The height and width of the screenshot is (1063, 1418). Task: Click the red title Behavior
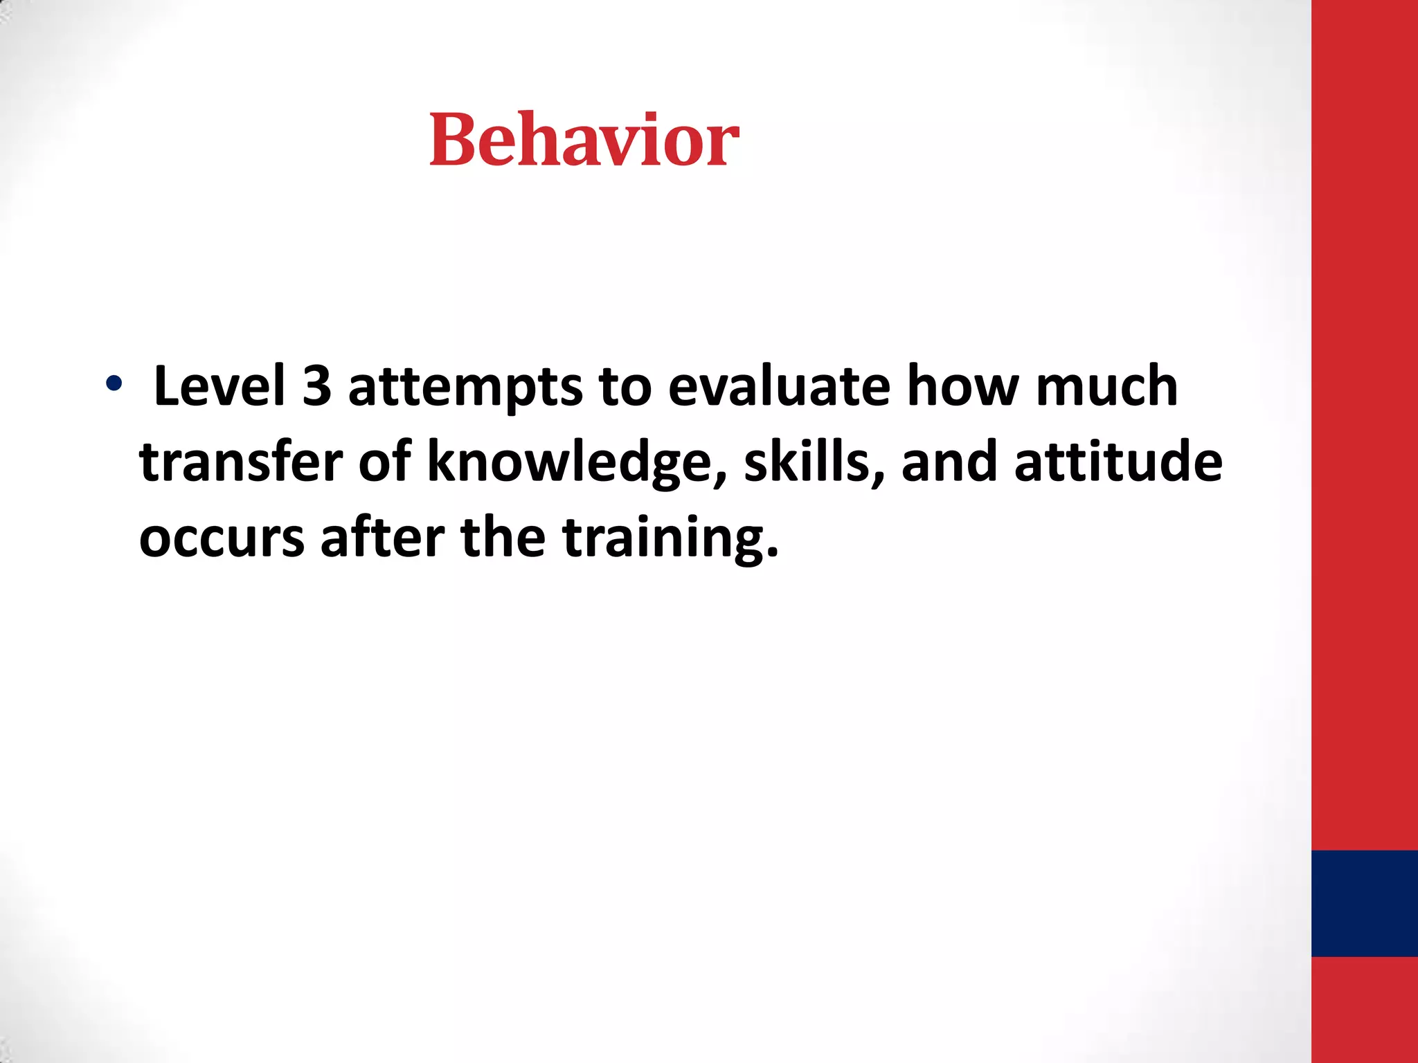point(584,140)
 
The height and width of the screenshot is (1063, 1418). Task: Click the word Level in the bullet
point(219,386)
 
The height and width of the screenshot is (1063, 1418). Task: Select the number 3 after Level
point(316,386)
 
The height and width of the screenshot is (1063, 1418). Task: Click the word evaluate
point(778,386)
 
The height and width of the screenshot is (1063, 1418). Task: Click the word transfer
point(241,462)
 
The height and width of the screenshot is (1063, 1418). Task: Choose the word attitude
point(1118,462)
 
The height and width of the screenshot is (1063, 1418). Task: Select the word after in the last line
point(382,537)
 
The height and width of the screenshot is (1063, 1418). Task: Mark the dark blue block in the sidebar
point(1364,903)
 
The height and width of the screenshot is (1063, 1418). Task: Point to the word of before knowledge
point(385,462)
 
